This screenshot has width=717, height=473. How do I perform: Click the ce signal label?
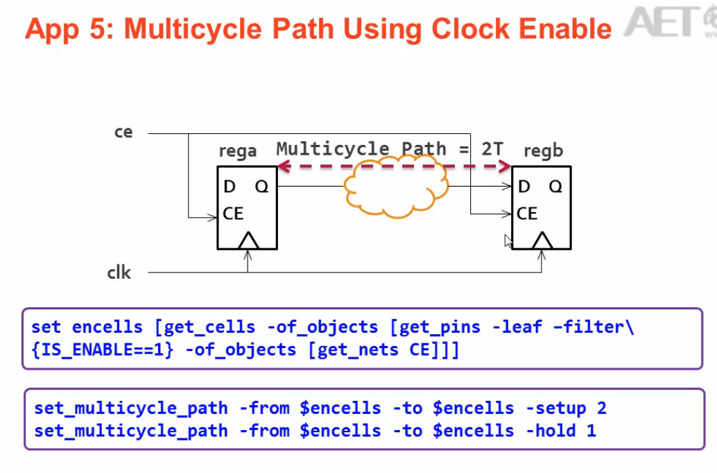click(123, 132)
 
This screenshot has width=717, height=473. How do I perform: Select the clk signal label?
click(119, 273)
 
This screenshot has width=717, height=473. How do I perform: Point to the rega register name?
click(237, 151)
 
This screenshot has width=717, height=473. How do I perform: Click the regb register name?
click(543, 151)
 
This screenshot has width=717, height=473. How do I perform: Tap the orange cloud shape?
click(395, 186)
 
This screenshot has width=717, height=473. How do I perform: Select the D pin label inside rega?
click(230, 187)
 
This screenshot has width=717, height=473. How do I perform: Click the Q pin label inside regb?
click(555, 187)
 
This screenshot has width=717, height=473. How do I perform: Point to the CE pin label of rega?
click(234, 214)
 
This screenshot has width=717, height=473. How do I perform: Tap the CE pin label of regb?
click(527, 214)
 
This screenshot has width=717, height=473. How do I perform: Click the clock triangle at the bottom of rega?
click(248, 241)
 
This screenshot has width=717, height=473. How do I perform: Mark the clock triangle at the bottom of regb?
click(542, 241)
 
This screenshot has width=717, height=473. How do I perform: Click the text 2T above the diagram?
click(494, 148)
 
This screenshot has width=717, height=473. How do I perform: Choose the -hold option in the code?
click(548, 431)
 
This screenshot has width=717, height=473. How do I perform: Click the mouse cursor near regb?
click(508, 240)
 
